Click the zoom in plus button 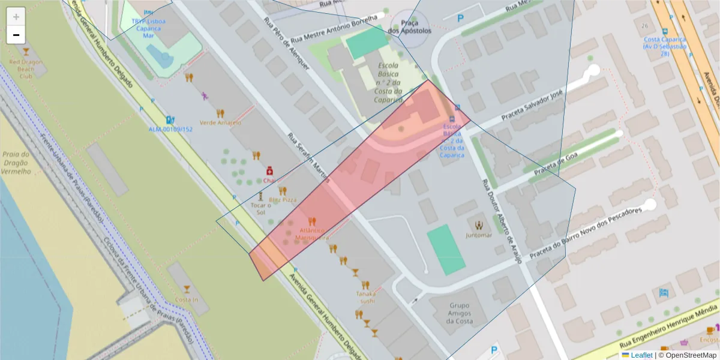pos(16,17)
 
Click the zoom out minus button pos(16,35)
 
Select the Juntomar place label pos(479,235)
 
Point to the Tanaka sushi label pos(366,297)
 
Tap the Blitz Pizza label pos(283,199)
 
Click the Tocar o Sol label pos(260,208)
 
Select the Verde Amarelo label pos(220,122)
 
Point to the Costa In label pos(187,299)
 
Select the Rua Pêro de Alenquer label pos(286,43)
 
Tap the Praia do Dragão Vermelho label pos(16,154)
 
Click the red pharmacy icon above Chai pos(269,170)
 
